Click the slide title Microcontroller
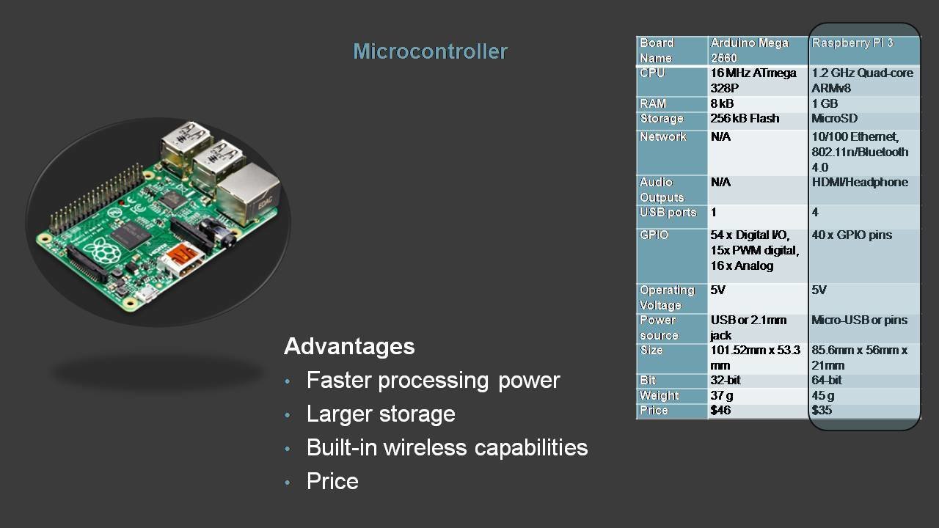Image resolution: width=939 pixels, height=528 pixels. click(x=430, y=51)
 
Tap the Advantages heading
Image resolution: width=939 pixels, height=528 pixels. click(x=349, y=346)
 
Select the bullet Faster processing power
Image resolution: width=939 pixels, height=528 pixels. click(x=433, y=380)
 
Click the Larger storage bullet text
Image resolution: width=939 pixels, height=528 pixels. click(x=381, y=414)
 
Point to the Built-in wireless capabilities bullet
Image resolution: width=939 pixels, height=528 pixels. click(x=447, y=447)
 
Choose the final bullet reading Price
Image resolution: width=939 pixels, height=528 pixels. click(x=332, y=481)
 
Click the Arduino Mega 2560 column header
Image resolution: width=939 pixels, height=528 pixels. click(x=749, y=50)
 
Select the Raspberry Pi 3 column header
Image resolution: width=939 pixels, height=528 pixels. click(x=852, y=43)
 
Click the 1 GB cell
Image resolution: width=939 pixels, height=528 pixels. click(x=825, y=103)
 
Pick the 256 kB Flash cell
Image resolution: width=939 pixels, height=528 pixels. click(x=745, y=118)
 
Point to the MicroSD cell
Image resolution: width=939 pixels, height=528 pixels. click(x=834, y=118)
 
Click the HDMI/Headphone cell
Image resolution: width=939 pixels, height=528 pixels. click(x=859, y=182)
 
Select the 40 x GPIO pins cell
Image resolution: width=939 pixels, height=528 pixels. click(x=852, y=235)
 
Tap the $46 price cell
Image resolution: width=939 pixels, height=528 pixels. click(x=720, y=410)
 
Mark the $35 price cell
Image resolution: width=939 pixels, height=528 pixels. click(x=822, y=410)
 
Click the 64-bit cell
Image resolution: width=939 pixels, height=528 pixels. click(x=827, y=380)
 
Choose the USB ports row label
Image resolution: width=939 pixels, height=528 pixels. click(x=668, y=212)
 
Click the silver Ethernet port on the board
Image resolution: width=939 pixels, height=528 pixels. click(x=248, y=192)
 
